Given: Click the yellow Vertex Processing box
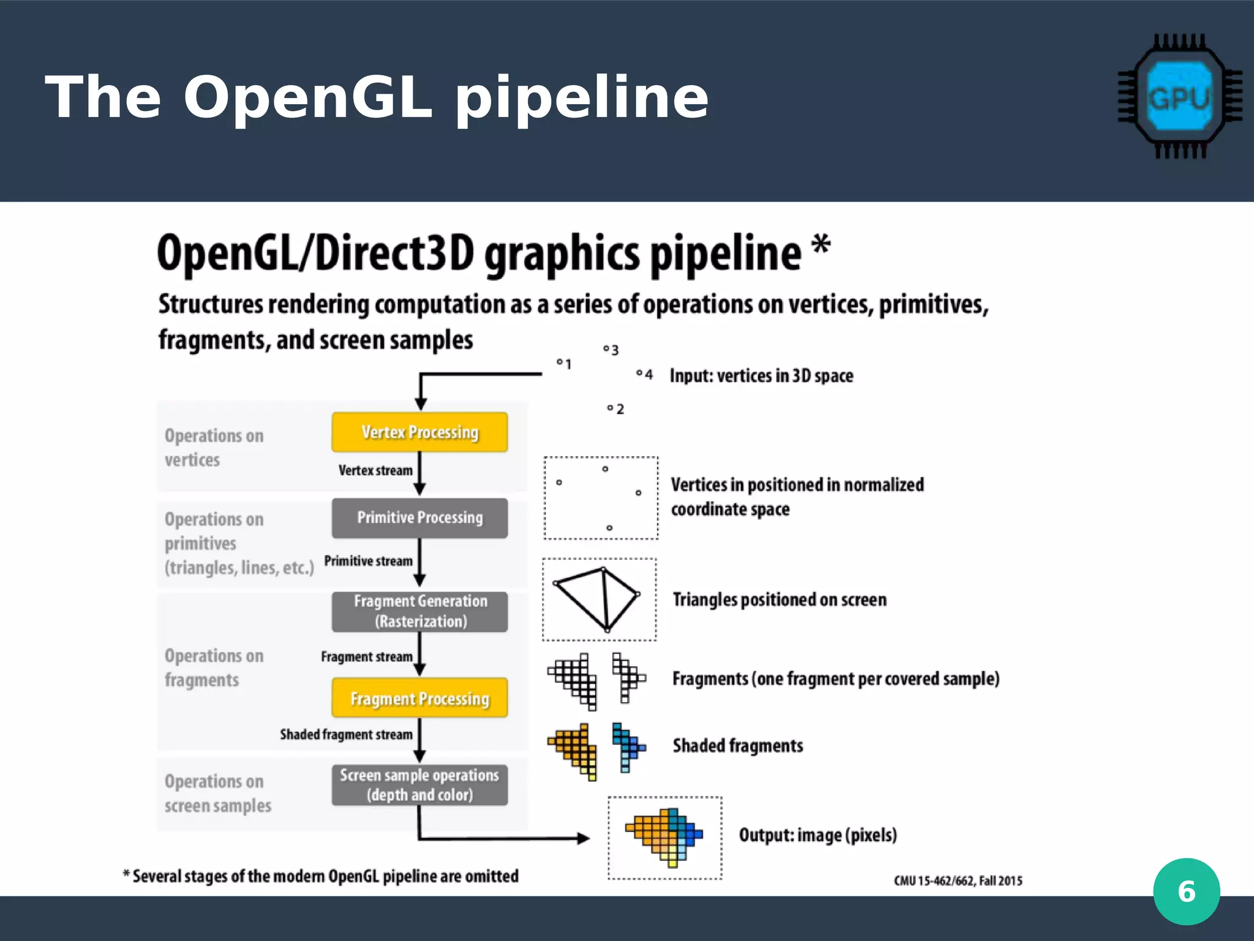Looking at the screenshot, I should click(419, 432).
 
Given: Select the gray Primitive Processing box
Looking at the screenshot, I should click(419, 518).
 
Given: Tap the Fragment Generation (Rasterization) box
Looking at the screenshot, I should click(419, 611).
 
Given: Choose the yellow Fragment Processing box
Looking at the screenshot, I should click(419, 698).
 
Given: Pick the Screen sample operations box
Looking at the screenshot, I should click(419, 785).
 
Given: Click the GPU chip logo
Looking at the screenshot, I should click(1179, 97).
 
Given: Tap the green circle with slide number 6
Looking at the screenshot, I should click(1186, 891).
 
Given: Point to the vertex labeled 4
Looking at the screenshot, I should click(639, 372).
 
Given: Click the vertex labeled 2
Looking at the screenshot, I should click(610, 407).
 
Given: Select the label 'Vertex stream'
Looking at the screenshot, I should click(375, 470).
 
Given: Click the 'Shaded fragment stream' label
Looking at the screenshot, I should click(346, 734).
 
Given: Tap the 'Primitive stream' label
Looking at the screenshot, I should click(368, 561).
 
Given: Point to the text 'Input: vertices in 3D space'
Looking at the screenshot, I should click(761, 376).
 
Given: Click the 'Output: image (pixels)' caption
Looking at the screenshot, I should click(817, 835).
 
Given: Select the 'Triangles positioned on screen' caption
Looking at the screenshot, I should click(779, 599).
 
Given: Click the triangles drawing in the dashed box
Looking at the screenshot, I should click(599, 599).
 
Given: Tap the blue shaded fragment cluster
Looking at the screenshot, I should click(627, 747).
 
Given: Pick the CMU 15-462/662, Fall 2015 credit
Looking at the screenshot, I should click(958, 881).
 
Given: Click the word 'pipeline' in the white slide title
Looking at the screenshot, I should click(582, 98).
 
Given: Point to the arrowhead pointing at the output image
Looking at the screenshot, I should click(584, 838).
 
